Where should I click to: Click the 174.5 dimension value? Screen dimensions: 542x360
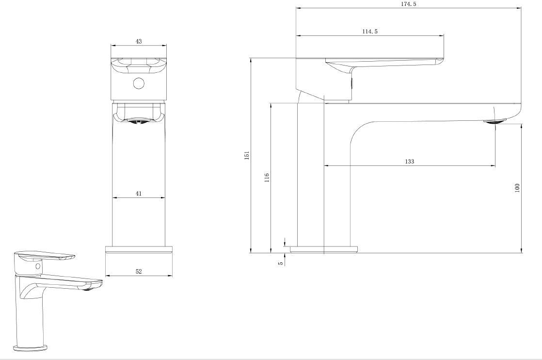pos(409,4)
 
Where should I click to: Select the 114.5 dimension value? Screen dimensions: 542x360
pos(370,32)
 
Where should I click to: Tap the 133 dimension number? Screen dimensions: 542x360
pos(409,162)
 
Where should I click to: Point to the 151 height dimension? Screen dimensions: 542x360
pos(246,155)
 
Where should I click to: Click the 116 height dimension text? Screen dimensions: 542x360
pos(267,178)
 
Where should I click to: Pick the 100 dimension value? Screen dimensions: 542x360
pos(517,188)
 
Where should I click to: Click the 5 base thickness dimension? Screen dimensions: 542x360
pos(281,263)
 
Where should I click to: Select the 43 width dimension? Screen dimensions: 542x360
pos(138,42)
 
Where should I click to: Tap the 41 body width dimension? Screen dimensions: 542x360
pos(138,194)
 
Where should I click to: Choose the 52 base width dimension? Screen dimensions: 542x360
pos(138,272)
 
